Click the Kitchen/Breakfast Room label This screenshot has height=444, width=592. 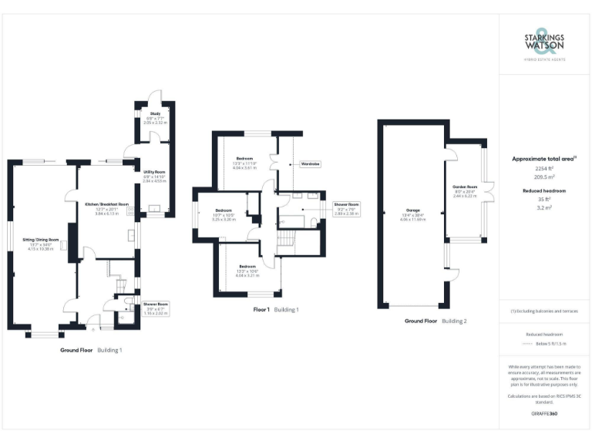click(x=106, y=204)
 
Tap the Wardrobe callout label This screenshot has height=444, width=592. click(x=311, y=164)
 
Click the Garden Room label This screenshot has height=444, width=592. click(x=466, y=187)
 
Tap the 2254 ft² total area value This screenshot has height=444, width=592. click(x=544, y=168)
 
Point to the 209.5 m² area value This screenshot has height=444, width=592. click(x=544, y=176)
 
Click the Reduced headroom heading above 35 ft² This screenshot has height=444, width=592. click(x=544, y=189)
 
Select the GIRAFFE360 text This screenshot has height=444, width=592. click(x=544, y=414)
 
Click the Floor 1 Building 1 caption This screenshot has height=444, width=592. click(x=275, y=310)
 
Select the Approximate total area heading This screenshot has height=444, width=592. click(x=544, y=159)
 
